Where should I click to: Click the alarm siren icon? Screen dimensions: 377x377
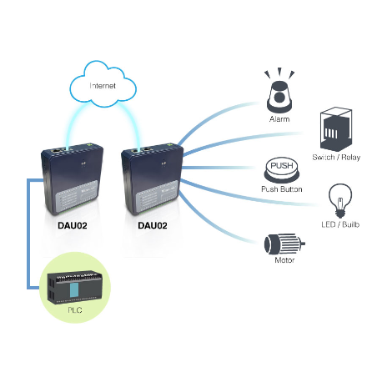click(x=279, y=93)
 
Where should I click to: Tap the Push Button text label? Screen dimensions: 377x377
click(x=279, y=190)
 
